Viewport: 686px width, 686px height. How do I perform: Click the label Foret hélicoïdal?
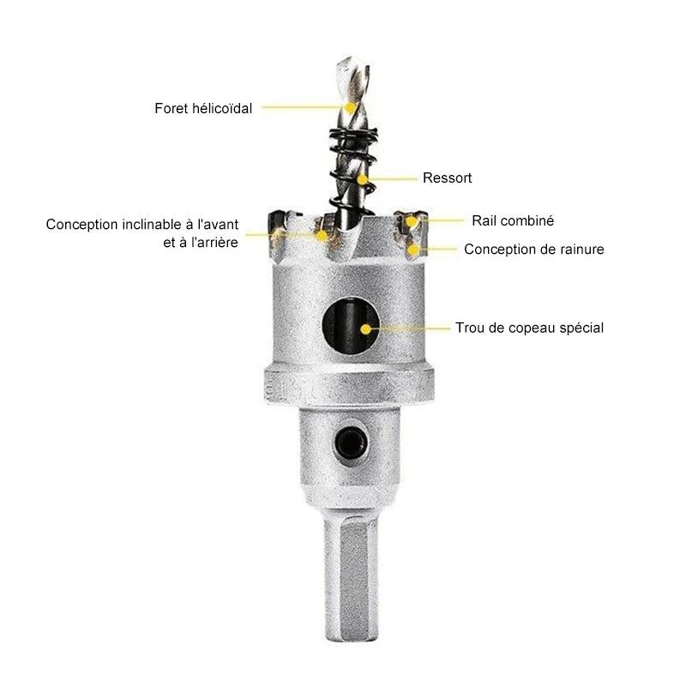203,108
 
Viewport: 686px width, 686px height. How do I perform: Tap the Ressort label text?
447,178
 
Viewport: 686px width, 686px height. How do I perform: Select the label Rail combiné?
513,220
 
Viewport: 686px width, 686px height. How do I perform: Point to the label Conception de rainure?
533,249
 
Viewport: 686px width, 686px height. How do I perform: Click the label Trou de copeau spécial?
529,328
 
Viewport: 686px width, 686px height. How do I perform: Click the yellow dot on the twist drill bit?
350,107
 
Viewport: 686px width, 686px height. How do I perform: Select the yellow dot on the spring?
362,179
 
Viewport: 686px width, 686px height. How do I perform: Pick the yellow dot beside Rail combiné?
411,221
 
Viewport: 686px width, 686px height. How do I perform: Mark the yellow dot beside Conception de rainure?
412,250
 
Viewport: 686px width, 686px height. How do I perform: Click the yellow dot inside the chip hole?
366,329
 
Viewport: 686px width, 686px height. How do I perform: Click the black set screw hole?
351,443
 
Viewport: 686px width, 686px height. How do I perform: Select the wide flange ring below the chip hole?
349,385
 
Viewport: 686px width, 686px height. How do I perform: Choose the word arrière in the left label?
218,243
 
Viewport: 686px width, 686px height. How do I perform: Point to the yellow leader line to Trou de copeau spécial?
410,328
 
